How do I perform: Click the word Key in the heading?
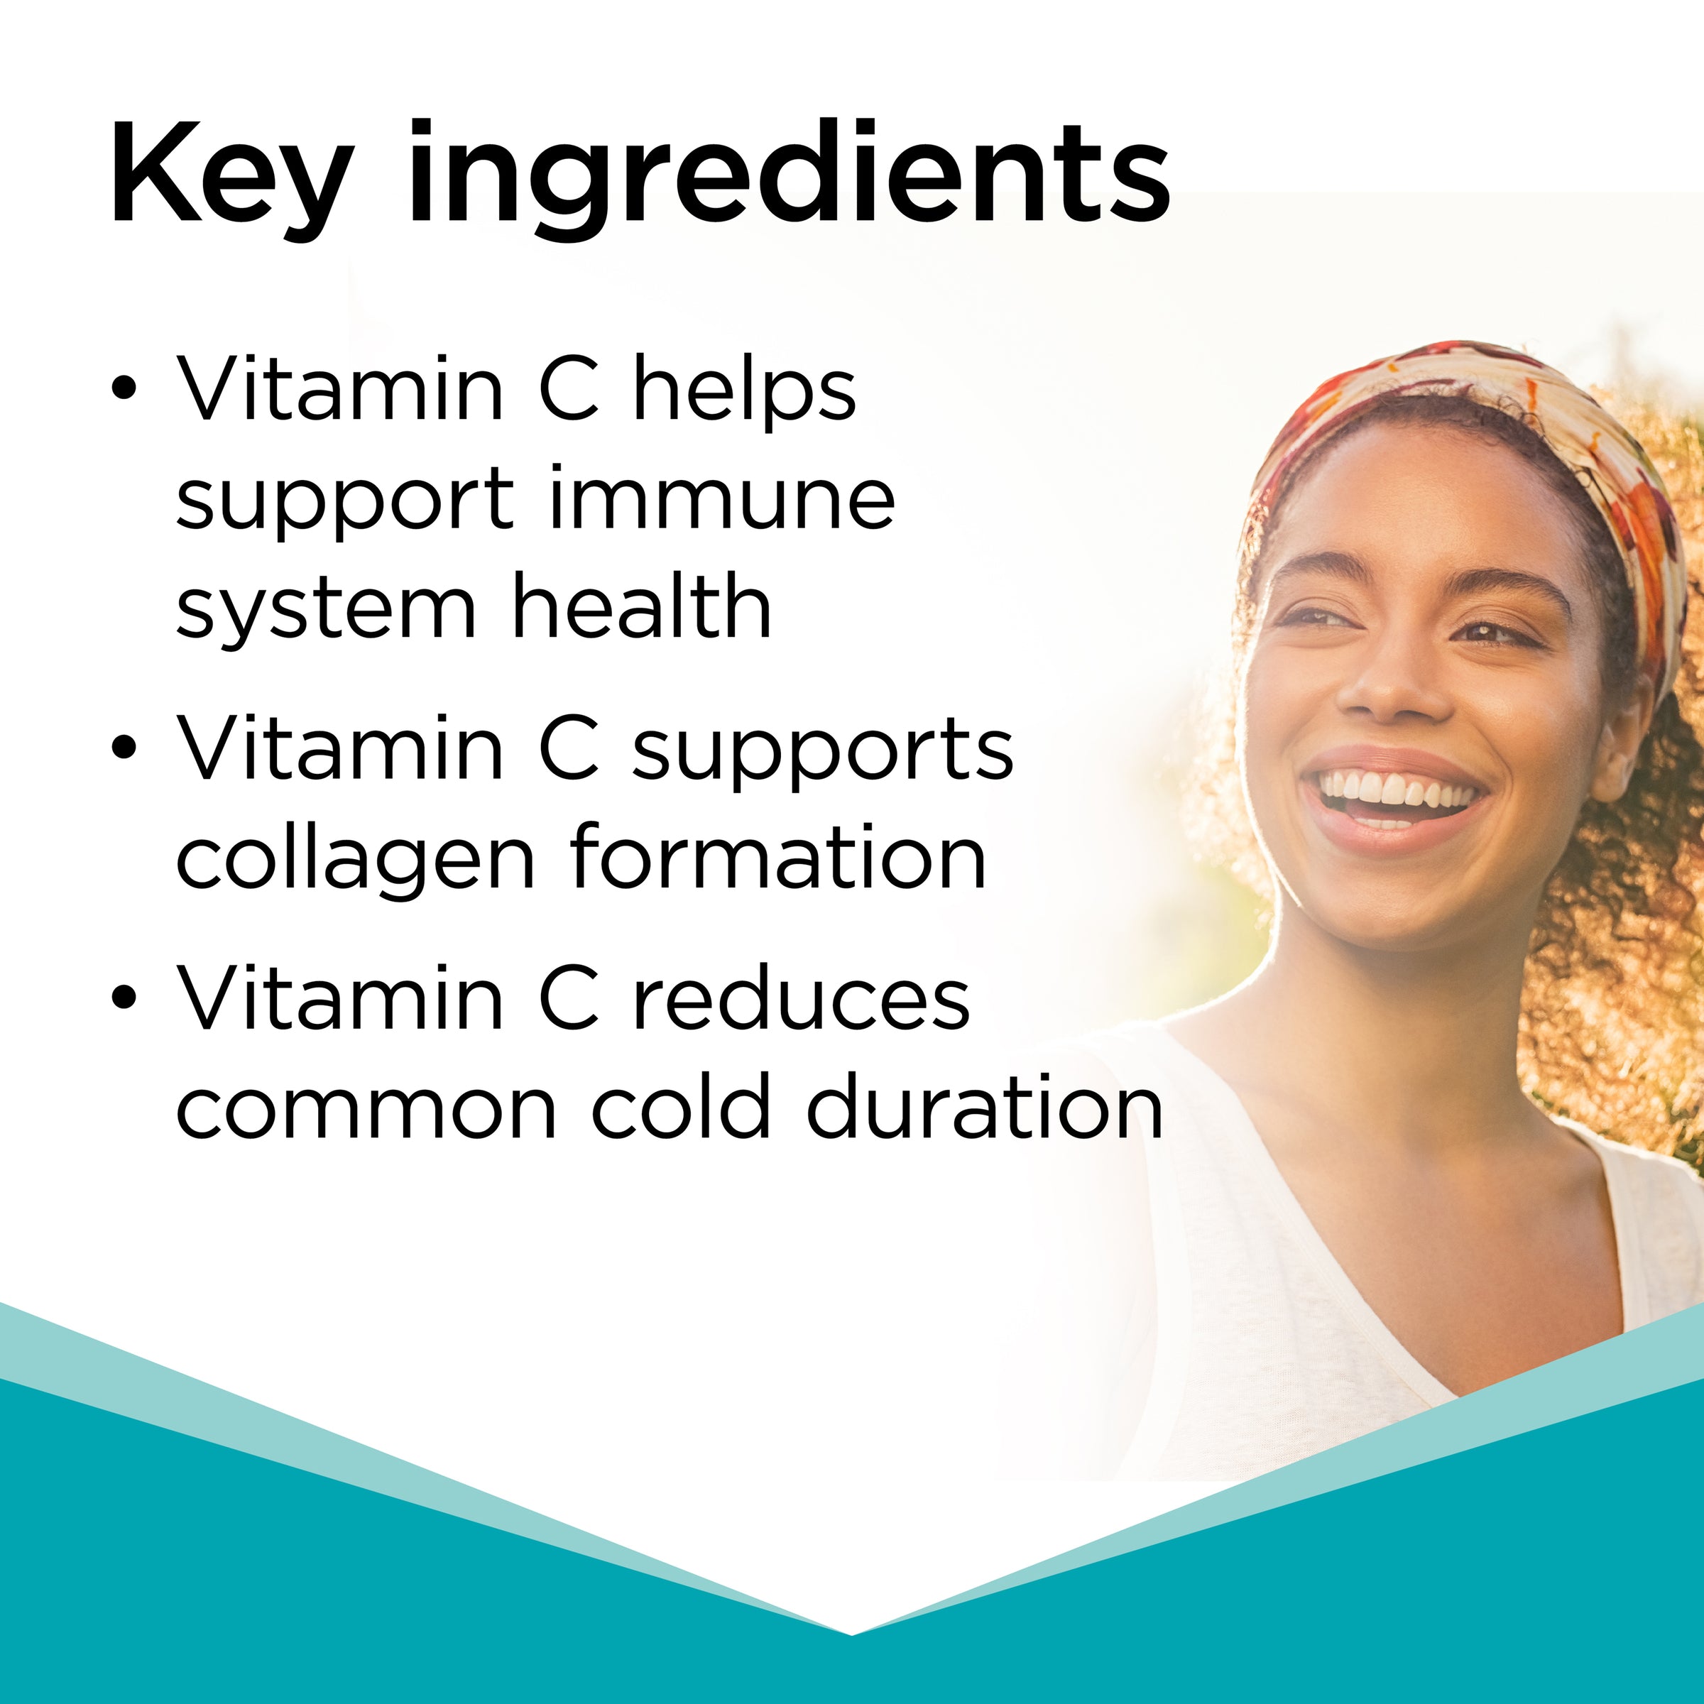(231, 176)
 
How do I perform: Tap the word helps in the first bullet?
(745, 388)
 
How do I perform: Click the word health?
(642, 604)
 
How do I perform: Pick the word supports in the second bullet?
(824, 750)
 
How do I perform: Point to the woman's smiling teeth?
(1398, 787)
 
